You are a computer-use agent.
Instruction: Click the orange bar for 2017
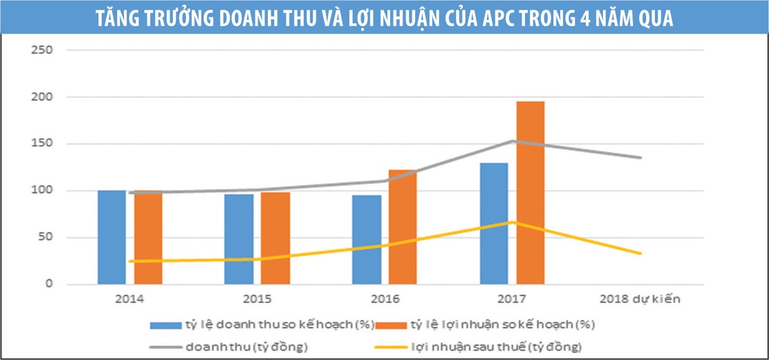(531, 192)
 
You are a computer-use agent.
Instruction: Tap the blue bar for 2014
(112, 237)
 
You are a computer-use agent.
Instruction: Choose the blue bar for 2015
(238, 238)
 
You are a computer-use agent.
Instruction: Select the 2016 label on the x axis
(384, 300)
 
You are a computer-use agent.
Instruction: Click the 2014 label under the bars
(130, 300)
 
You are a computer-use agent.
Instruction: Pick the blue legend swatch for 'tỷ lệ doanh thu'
(164, 325)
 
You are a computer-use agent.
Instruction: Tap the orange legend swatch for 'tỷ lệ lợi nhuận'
(392, 325)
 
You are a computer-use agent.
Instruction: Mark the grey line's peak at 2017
(513, 141)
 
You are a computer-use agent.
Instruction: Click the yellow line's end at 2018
(640, 254)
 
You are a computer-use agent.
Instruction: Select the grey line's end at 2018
(640, 158)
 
